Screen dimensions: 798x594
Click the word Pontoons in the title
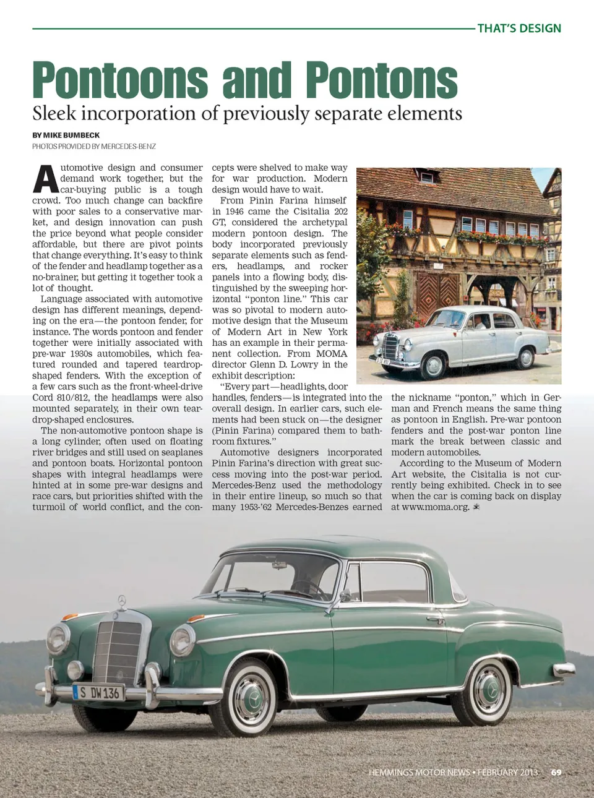120,80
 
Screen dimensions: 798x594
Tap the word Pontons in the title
381,80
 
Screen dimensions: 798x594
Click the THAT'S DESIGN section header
519,28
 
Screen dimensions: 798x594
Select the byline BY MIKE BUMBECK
66,135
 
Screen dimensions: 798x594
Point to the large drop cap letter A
45,179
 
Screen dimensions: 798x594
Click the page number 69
556,772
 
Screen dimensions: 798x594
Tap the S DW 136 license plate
100,693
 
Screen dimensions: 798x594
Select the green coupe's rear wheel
489,691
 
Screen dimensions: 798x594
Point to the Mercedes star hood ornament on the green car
122,600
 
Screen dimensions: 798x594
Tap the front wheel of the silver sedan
433,365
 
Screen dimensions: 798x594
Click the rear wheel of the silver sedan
525,357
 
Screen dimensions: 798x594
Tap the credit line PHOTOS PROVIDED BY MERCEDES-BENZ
94,147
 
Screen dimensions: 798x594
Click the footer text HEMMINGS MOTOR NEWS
419,772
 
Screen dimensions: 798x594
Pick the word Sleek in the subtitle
54,114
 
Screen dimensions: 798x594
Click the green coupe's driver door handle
436,619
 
